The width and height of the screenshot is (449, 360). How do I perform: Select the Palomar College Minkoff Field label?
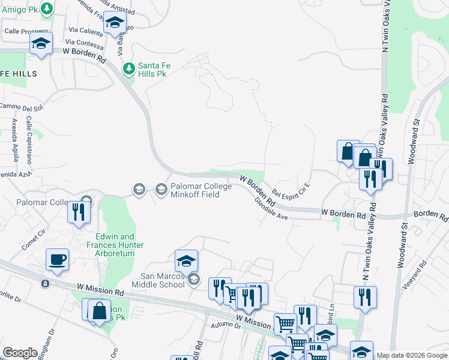click(200, 190)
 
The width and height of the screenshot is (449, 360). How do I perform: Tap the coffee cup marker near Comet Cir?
click(57, 260)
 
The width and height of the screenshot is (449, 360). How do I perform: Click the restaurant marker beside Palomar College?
click(79, 212)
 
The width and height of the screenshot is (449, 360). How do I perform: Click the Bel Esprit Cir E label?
click(291, 193)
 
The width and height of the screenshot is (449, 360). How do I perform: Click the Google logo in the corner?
click(20, 353)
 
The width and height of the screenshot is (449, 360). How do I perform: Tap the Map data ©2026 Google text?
click(411, 355)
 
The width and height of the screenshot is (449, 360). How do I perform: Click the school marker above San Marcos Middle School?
click(187, 261)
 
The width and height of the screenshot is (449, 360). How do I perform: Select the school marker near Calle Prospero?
click(41, 43)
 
